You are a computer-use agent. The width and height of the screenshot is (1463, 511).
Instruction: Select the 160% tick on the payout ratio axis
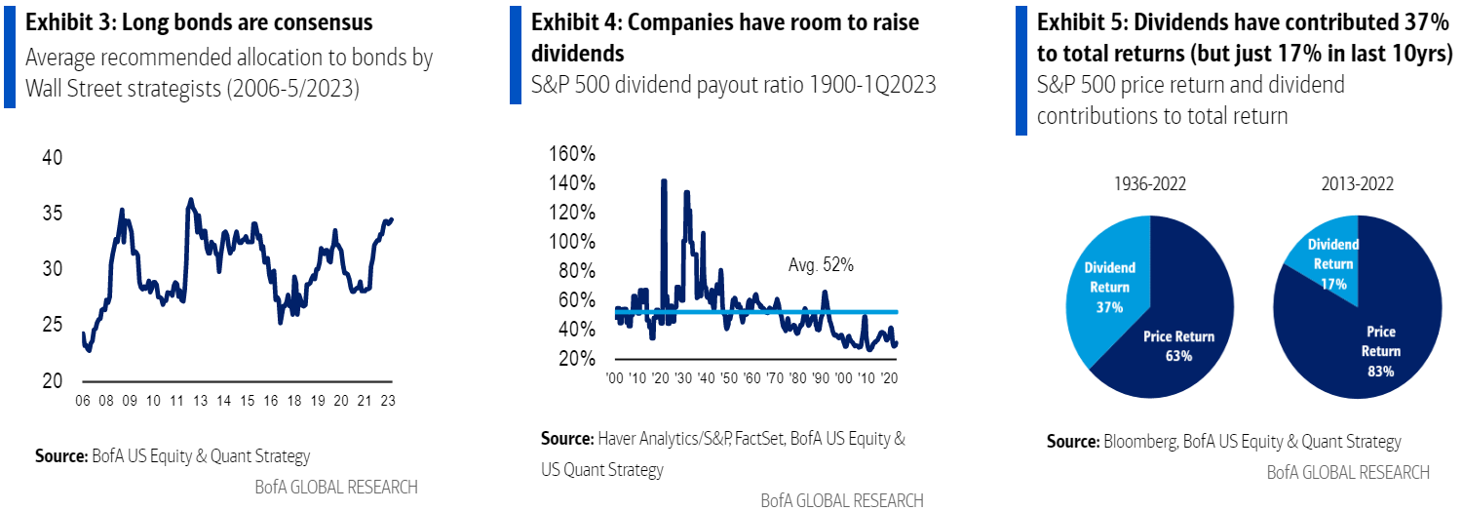[x=573, y=154]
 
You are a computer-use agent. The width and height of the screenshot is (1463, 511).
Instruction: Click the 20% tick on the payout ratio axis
[x=577, y=359]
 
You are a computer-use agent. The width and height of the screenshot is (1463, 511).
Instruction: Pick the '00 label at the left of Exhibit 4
[x=614, y=377]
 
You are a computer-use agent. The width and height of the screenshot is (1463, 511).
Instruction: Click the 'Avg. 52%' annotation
[x=821, y=264]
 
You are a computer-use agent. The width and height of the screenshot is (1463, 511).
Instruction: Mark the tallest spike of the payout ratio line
[x=664, y=181]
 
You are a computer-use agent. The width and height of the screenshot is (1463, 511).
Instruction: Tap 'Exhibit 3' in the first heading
[x=64, y=21]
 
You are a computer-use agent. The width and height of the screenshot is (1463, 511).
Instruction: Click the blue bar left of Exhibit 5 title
[x=1020, y=68]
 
